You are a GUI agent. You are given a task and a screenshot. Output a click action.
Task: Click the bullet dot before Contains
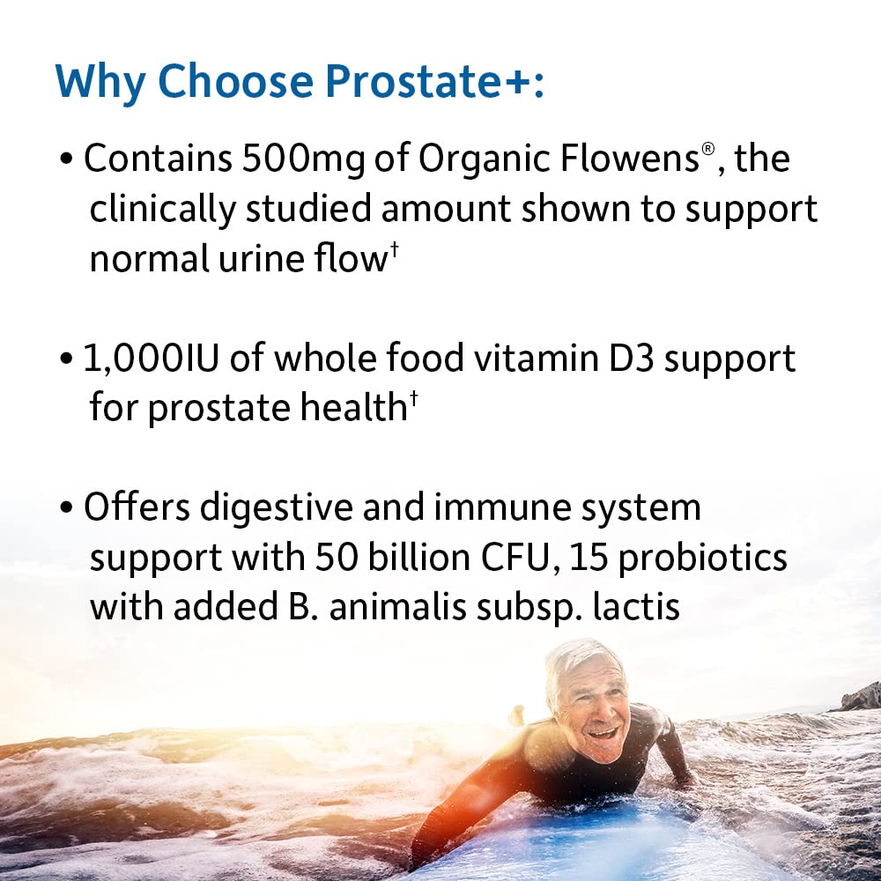[x=66, y=161]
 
